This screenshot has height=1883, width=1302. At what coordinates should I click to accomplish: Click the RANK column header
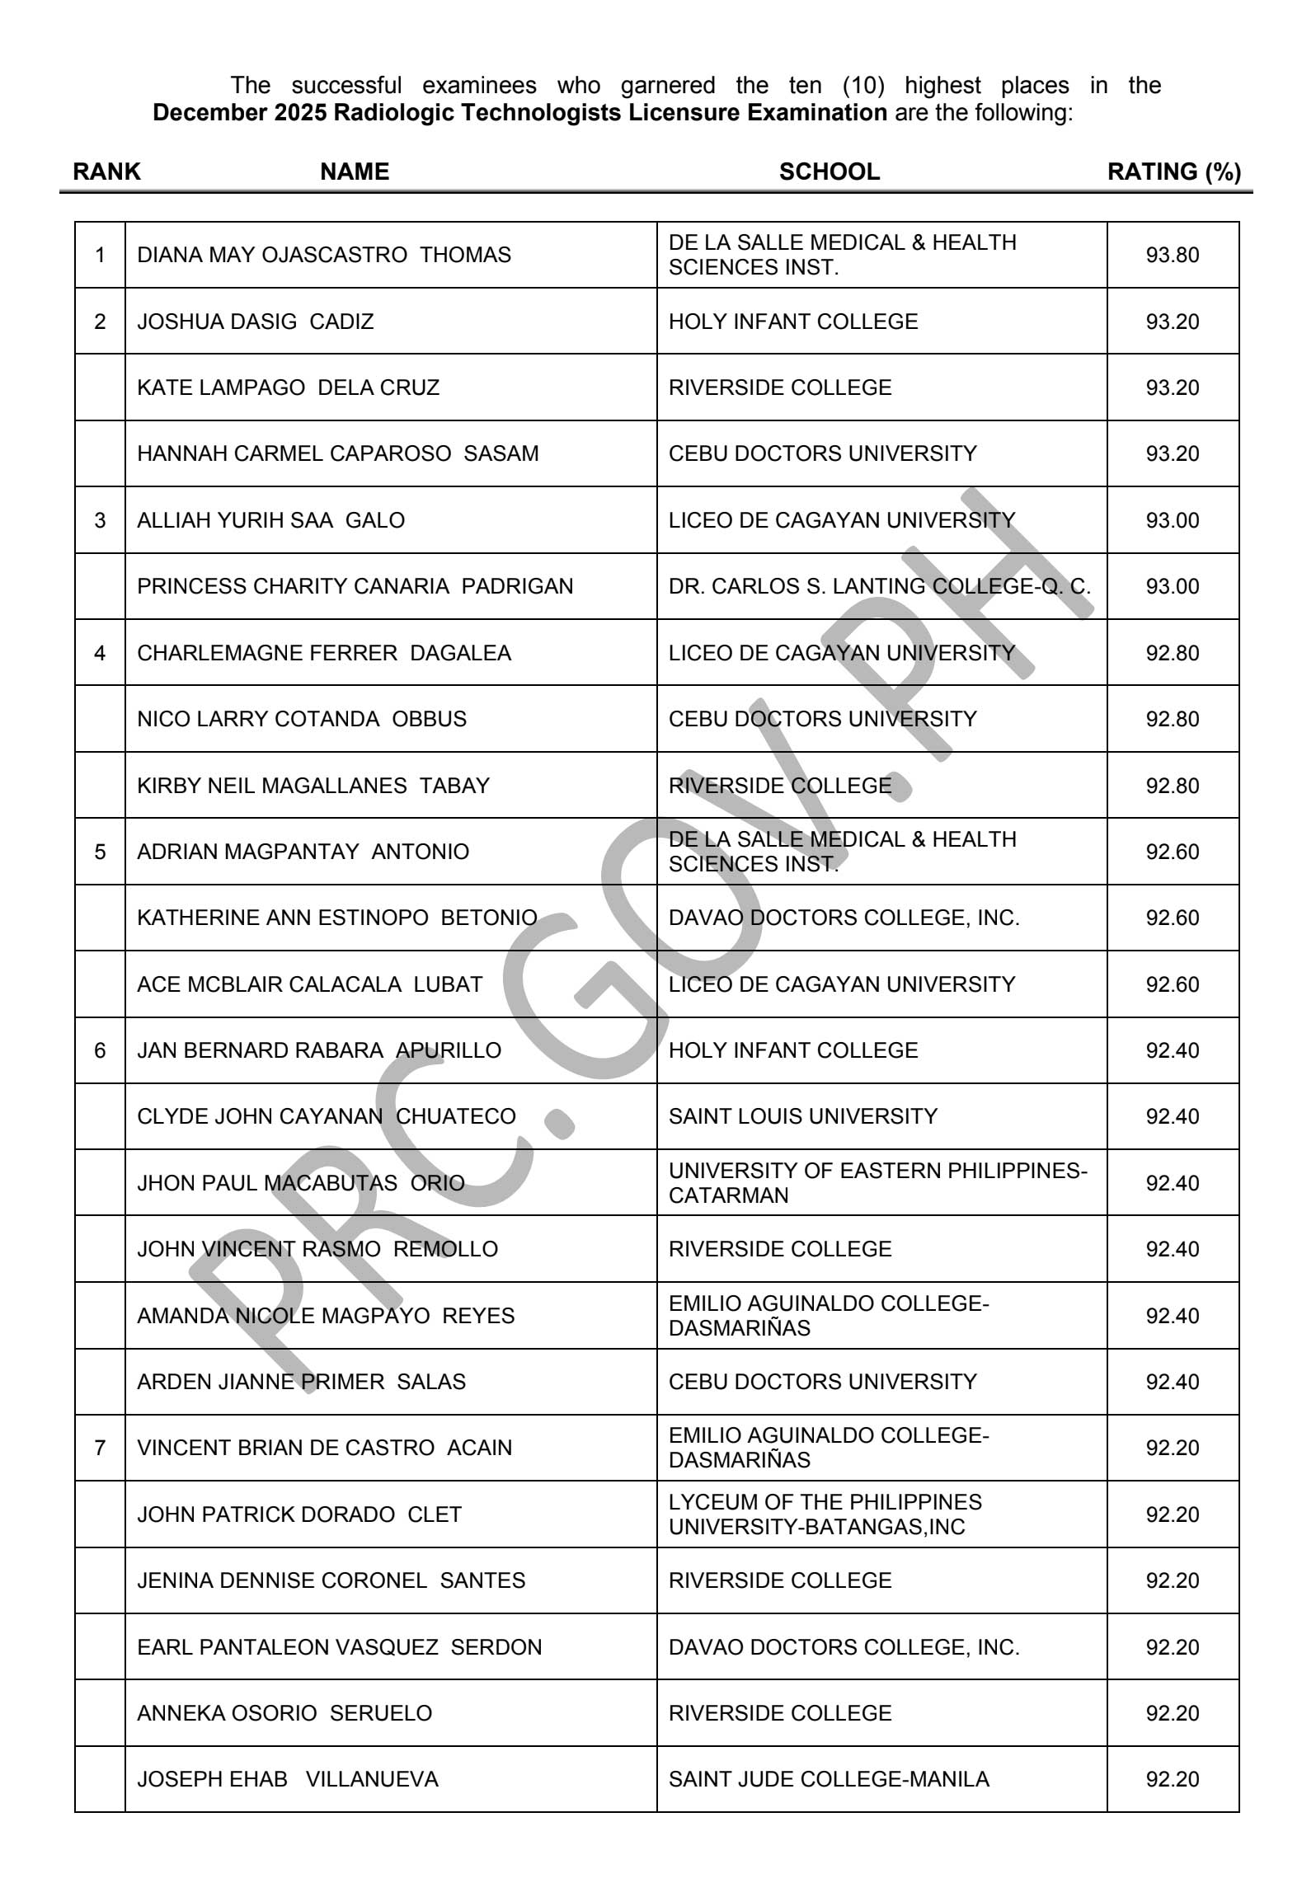tap(106, 171)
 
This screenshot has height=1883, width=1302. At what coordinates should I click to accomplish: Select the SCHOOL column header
tap(829, 171)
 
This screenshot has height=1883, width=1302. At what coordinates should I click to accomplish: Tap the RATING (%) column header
tap(1173, 171)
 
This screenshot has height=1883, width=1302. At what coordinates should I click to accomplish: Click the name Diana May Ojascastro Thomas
tap(324, 255)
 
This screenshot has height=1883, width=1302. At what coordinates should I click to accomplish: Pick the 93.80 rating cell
tap(1172, 255)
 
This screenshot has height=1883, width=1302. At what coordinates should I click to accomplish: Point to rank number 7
tap(100, 1448)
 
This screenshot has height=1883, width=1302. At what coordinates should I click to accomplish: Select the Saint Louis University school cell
tap(802, 1116)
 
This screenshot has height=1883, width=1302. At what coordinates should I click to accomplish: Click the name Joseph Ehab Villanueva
tap(288, 1779)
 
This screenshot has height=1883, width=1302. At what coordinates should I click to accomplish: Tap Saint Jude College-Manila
tap(829, 1779)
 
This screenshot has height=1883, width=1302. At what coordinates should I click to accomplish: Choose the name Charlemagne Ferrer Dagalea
tap(324, 653)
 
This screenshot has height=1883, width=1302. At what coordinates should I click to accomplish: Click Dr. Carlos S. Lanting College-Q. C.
tap(879, 586)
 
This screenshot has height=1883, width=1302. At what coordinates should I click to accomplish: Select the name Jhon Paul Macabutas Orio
tap(301, 1183)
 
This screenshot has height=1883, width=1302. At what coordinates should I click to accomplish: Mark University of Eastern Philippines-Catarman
tap(877, 1183)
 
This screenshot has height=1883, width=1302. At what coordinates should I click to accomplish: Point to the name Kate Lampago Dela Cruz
tap(288, 387)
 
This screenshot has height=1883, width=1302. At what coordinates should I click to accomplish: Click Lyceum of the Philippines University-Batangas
tap(825, 1514)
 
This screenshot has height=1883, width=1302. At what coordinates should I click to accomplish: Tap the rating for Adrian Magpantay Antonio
tap(1172, 852)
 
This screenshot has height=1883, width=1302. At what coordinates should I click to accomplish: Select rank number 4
tap(100, 653)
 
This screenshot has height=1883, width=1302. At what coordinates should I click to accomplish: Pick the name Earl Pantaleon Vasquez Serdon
tap(340, 1646)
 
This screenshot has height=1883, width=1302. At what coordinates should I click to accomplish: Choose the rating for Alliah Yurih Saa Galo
tap(1172, 520)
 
